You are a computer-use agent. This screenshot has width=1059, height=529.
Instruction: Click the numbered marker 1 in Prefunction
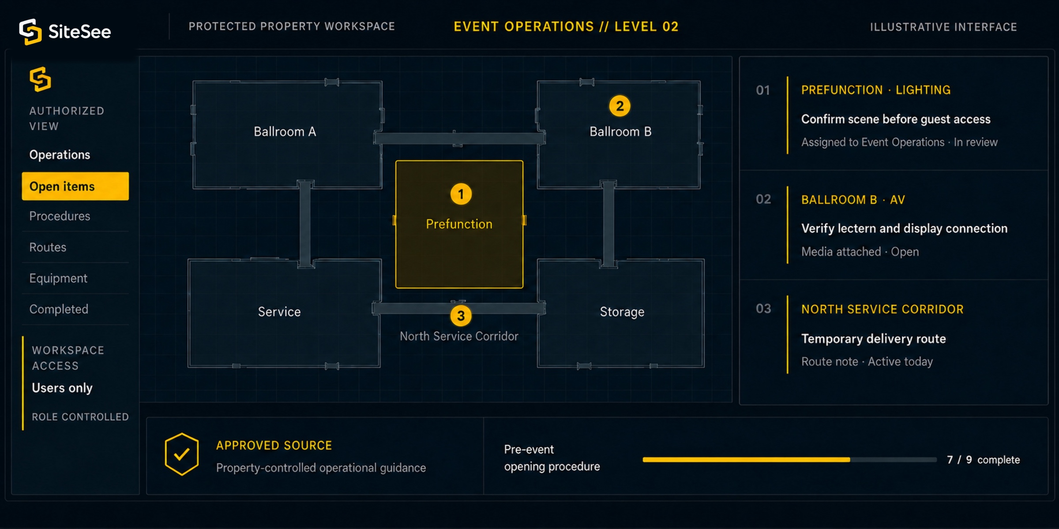point(461,194)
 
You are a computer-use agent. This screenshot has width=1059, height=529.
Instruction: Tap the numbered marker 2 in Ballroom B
point(620,106)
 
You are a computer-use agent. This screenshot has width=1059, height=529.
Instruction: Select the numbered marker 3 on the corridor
point(461,316)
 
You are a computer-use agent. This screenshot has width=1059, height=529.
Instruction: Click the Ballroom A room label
point(285,131)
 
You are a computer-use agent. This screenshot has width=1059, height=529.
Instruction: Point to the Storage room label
point(622,312)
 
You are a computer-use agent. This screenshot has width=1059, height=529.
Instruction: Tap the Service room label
point(279,312)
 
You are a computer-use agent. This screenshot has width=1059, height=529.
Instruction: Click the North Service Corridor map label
point(459,336)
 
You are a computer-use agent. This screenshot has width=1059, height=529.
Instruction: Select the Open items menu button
point(75,186)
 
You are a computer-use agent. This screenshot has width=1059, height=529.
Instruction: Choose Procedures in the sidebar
point(60,216)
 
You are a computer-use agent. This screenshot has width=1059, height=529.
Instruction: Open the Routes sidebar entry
point(48,247)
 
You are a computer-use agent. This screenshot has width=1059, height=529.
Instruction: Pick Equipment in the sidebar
point(58,279)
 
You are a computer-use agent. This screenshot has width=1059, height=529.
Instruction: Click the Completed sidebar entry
point(59,309)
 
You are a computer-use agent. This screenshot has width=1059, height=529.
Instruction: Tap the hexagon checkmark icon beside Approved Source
point(181,454)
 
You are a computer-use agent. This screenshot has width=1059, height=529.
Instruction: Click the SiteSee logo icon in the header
point(30,32)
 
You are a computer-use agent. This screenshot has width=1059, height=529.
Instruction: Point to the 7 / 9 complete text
point(984,460)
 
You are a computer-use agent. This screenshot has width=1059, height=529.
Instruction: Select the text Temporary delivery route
point(874,339)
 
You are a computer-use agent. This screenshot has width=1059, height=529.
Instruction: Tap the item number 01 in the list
point(763,90)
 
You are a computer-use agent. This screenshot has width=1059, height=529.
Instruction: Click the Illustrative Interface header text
point(943,27)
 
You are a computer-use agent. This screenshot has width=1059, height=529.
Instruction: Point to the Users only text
point(62,388)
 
